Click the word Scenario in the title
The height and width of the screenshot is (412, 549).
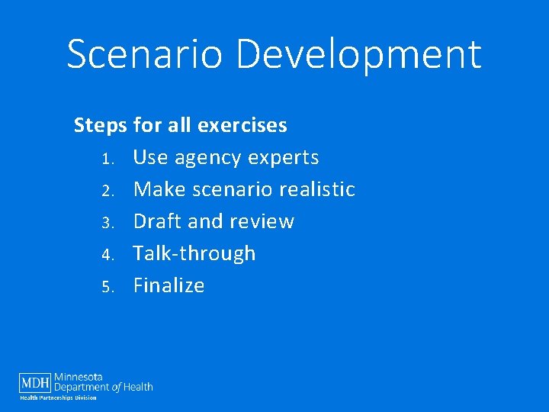click(x=144, y=55)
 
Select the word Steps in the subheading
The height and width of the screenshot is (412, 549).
click(x=101, y=126)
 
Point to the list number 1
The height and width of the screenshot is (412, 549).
click(x=108, y=159)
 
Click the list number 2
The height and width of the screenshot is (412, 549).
click(x=108, y=191)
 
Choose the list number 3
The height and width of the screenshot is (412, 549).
click(x=108, y=223)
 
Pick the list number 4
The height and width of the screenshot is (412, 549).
click(x=108, y=255)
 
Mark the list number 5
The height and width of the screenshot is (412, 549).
click(x=108, y=287)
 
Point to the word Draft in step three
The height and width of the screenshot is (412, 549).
click(x=158, y=221)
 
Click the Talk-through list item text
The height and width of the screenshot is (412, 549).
click(x=194, y=253)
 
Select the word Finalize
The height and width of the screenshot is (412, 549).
click(x=169, y=285)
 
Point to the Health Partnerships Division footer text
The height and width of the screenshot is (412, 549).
click(x=58, y=398)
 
